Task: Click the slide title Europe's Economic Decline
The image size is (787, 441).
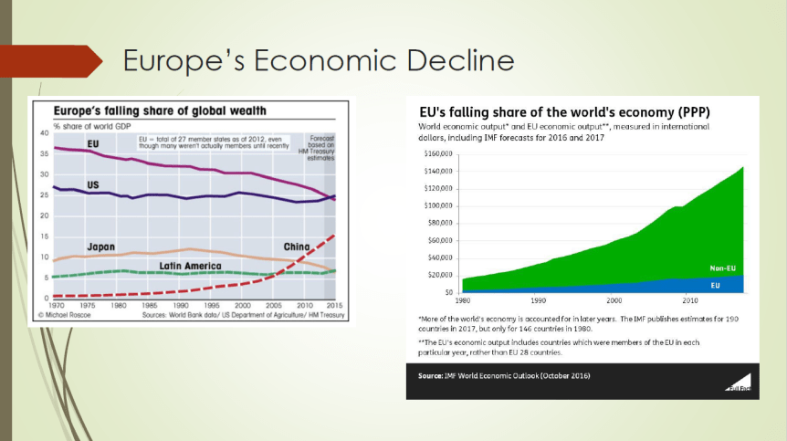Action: pos(318,61)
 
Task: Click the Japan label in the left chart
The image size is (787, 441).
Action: pos(100,247)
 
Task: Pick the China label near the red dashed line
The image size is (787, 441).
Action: pos(297,247)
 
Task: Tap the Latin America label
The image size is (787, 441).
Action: pos(194,265)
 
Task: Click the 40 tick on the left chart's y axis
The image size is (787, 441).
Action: pos(45,133)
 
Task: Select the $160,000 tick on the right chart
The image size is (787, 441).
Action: pos(440,153)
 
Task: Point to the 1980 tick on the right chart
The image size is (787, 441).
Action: pos(463,299)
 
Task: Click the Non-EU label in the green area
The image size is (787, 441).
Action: pos(723,268)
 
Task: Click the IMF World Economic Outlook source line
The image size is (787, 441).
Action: pos(503,375)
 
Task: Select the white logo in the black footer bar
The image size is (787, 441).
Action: pos(739,381)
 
